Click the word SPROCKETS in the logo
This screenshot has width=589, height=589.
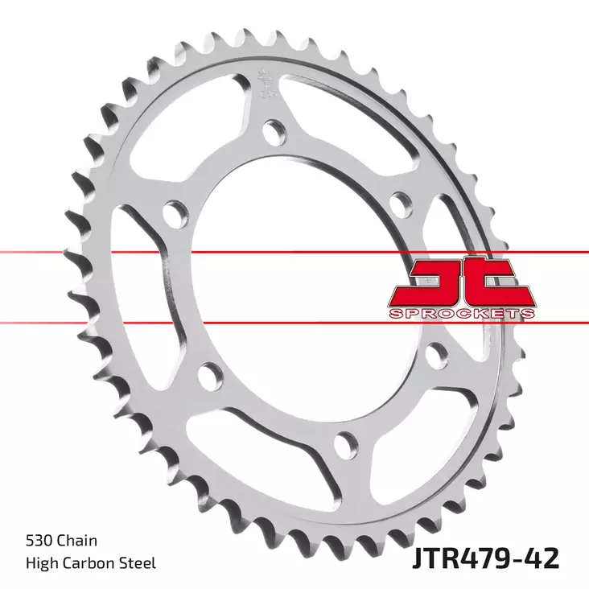462,311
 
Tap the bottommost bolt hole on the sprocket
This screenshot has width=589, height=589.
344,439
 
